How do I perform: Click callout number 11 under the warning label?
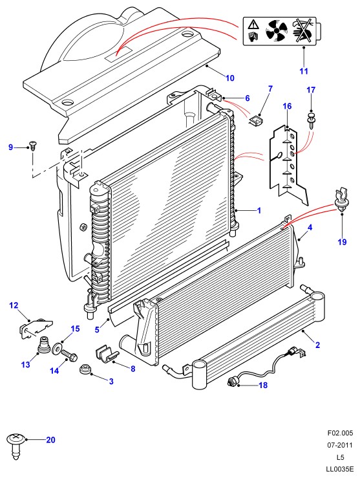pos(304,71)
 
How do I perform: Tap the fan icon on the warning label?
pos(276,31)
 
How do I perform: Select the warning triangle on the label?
pos(253,24)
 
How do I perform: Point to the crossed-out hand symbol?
pos(302,30)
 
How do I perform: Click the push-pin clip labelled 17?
pos(311,120)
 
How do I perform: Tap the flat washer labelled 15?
pos(56,349)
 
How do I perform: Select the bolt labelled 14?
pos(69,356)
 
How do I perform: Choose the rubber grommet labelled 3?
pos(85,369)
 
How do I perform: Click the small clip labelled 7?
pos(256,119)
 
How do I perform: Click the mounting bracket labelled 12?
pos(34,329)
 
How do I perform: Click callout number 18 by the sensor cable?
pos(263,385)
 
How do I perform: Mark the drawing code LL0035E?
pos(340,469)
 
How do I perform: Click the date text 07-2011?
pos(340,445)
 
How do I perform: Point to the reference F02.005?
pos(340,433)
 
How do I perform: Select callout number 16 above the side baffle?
pos(287,106)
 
